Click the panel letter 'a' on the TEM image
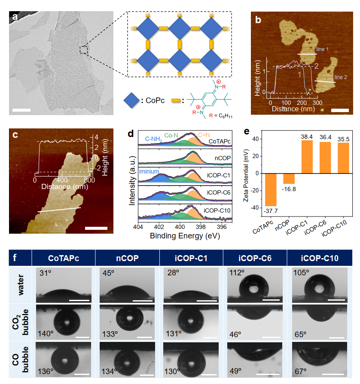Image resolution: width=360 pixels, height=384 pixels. click(15, 18)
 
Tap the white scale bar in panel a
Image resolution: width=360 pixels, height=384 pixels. click(22, 110)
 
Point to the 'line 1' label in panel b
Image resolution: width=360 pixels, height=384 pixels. click(322, 49)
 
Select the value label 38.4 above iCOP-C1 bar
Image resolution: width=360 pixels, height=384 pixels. click(295, 137)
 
